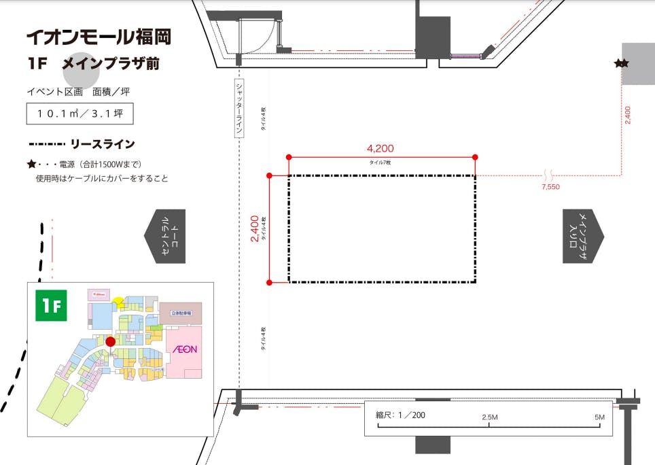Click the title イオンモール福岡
[x=99, y=37]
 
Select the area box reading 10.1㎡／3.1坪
[x=79, y=114]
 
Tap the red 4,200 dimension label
[x=380, y=148]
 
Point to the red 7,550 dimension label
[x=550, y=186]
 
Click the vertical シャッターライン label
[x=239, y=109]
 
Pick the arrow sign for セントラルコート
[x=165, y=237]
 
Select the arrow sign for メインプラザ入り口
[x=582, y=236]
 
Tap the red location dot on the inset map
[x=110, y=341]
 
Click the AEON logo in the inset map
[x=184, y=349]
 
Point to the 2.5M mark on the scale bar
[x=490, y=416]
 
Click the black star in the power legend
[x=31, y=164]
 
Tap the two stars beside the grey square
[x=621, y=63]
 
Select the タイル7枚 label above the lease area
[x=380, y=162]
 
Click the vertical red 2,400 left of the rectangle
[x=254, y=229]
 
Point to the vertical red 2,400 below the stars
[x=627, y=114]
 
